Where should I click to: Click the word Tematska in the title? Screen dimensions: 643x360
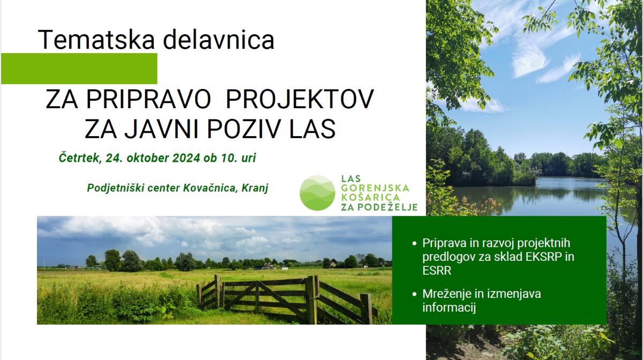(x=96, y=39)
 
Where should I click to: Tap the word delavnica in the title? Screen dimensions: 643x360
(x=219, y=39)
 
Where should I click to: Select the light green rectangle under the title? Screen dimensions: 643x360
(x=79, y=69)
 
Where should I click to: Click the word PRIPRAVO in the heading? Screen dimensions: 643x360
(x=149, y=99)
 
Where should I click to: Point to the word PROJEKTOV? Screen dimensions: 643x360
(x=300, y=99)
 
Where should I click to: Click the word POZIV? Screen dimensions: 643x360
(x=244, y=129)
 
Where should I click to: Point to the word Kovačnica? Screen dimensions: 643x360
(x=211, y=188)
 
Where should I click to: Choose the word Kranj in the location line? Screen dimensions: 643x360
(x=255, y=189)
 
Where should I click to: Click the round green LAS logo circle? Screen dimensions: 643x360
(x=317, y=193)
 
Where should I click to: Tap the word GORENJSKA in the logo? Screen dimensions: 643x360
(x=375, y=188)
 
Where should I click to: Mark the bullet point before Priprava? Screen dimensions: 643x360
(x=414, y=244)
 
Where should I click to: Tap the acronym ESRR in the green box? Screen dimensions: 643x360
(x=437, y=271)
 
